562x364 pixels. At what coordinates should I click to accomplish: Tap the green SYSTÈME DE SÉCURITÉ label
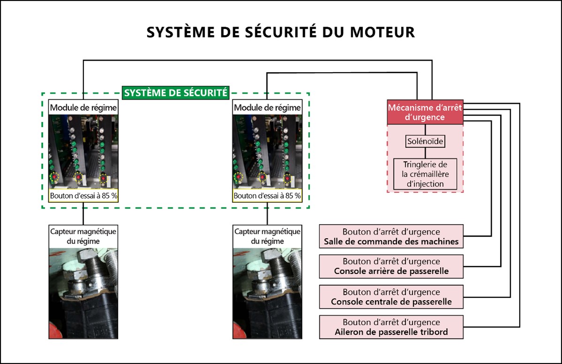pyautogui.click(x=175, y=93)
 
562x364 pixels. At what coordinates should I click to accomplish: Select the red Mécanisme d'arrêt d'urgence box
pyautogui.click(x=425, y=113)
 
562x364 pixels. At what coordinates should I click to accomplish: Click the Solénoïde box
pyautogui.click(x=425, y=141)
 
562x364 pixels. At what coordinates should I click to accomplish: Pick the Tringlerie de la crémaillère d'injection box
pyautogui.click(x=425, y=174)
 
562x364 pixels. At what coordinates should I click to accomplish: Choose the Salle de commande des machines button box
pyautogui.click(x=391, y=237)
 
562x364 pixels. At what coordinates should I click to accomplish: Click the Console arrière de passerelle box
pyautogui.click(x=391, y=266)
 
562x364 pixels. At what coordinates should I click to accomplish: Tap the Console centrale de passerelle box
pyautogui.click(x=391, y=296)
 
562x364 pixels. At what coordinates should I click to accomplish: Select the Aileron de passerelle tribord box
pyautogui.click(x=391, y=327)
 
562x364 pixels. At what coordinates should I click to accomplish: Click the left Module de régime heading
pyautogui.click(x=84, y=108)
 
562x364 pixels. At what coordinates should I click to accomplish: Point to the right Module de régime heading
pyautogui.click(x=267, y=108)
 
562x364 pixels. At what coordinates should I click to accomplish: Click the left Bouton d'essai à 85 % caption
pyautogui.click(x=84, y=196)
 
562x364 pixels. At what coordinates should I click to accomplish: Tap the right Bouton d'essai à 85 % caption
pyautogui.click(x=267, y=196)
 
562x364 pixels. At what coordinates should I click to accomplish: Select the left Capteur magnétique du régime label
pyautogui.click(x=84, y=236)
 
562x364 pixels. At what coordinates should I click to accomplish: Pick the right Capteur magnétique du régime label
pyautogui.click(x=267, y=236)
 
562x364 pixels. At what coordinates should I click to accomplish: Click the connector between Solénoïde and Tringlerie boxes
pyautogui.click(x=425, y=153)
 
